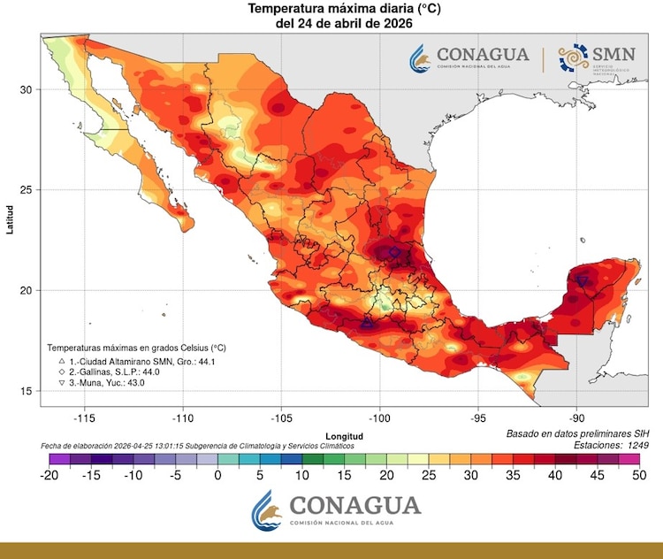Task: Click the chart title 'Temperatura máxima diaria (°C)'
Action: (x=332, y=9)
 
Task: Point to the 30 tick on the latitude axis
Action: (x=27, y=89)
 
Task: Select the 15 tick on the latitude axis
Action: (x=27, y=391)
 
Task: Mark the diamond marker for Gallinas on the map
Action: (x=394, y=253)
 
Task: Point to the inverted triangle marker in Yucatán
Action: (x=583, y=280)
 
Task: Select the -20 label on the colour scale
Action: (x=50, y=475)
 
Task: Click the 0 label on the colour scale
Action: (x=217, y=475)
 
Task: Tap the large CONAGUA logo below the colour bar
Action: (x=335, y=510)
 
